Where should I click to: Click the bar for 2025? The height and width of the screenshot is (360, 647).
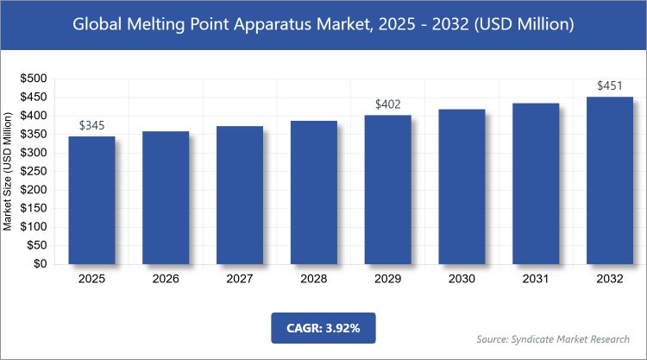pyautogui.click(x=92, y=200)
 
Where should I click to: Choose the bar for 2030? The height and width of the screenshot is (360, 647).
pyautogui.click(x=462, y=186)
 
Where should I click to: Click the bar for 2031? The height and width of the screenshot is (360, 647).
pyautogui.click(x=535, y=184)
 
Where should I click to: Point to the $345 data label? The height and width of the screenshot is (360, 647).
pyautogui.click(x=92, y=126)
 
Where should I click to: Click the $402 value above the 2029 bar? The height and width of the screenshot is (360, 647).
pyautogui.click(x=387, y=104)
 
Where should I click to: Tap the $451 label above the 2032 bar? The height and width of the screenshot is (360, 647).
pyautogui.click(x=609, y=85)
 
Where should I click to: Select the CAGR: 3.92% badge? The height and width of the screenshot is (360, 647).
pyautogui.click(x=323, y=328)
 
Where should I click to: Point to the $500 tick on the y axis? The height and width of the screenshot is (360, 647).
pyautogui.click(x=35, y=79)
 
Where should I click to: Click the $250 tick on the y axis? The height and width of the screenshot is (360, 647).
pyautogui.click(x=35, y=172)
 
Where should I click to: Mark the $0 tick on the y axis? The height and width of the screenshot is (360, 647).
pyautogui.click(x=41, y=265)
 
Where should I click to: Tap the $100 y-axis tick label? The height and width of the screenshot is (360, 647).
pyautogui.click(x=35, y=228)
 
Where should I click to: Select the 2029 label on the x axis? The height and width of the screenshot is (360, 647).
pyautogui.click(x=387, y=280)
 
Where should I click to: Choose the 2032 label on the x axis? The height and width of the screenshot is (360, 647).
pyautogui.click(x=609, y=280)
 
